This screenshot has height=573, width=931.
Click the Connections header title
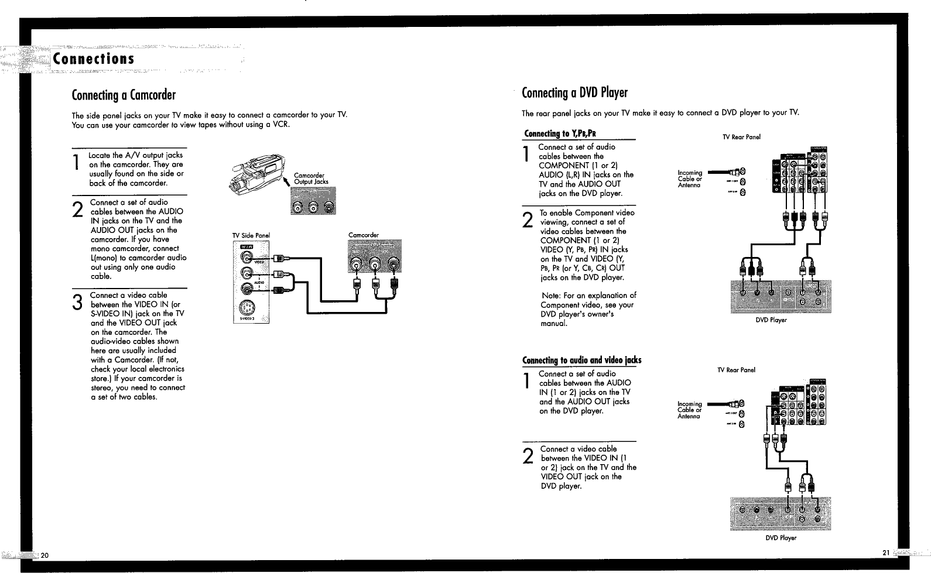tap(94, 59)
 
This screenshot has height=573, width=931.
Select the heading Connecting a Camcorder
tap(124, 95)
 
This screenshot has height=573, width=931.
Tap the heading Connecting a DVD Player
tap(574, 93)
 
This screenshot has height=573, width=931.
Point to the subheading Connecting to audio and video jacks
tap(581, 360)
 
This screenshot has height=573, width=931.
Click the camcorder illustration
tap(255, 173)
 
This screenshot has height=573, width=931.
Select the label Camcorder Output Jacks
tap(310, 179)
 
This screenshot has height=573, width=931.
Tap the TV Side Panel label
tap(251, 236)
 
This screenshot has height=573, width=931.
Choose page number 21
tap(885, 553)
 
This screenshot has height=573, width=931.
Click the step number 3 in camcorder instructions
tap(77, 303)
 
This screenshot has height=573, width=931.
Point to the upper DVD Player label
tap(771, 320)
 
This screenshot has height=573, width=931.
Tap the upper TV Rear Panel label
tap(741, 138)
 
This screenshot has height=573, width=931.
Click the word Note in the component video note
tap(550, 296)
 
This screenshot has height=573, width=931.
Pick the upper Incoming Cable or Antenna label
tap(689, 179)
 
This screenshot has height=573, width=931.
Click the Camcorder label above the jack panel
tap(363, 235)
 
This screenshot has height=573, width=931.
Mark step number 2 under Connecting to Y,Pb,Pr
tap(528, 220)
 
